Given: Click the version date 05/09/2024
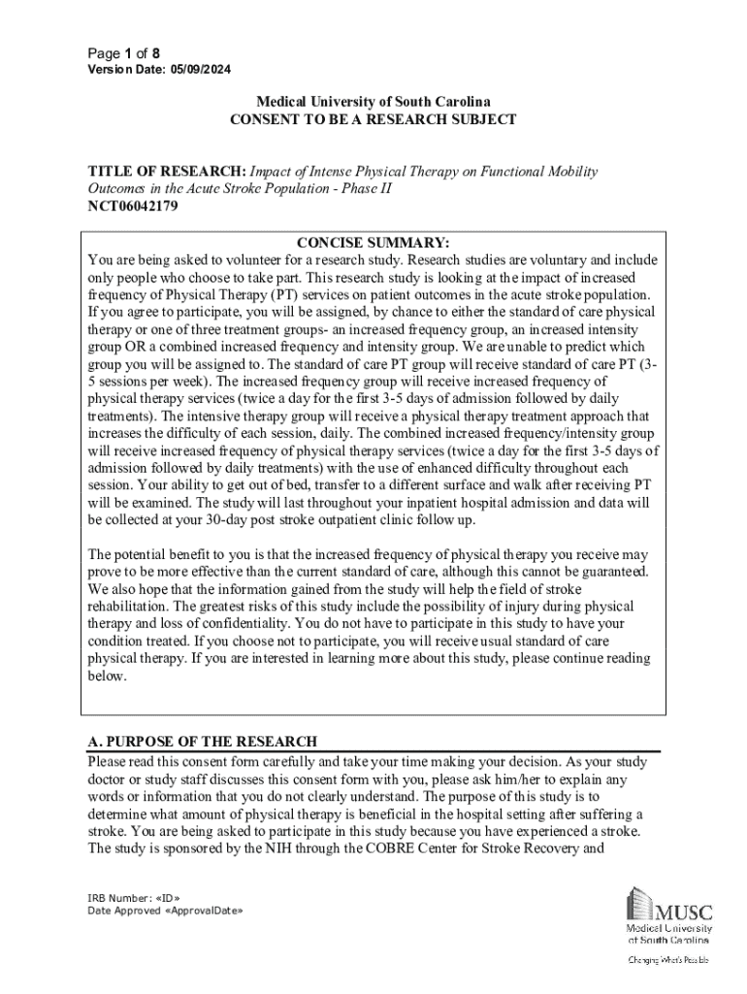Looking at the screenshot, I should click(200, 70).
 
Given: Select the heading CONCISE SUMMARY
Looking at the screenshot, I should click(373, 243).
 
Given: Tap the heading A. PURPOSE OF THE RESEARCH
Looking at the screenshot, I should click(202, 743).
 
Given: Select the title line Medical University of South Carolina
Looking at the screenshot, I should click(373, 102).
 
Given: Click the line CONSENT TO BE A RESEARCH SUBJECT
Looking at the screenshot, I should click(373, 119).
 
